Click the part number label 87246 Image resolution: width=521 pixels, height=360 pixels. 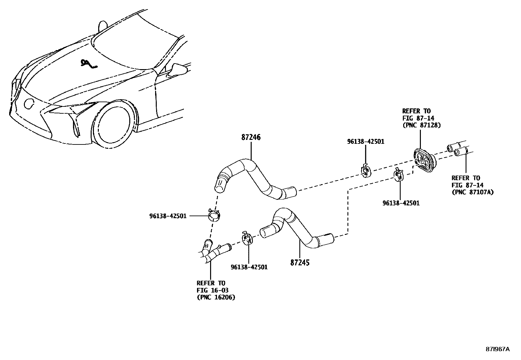click(251, 138)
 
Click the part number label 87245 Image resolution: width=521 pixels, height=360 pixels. click(300, 262)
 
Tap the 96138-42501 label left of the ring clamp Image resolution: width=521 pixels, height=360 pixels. click(168, 216)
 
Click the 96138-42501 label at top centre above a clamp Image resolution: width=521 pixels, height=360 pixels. click(366, 142)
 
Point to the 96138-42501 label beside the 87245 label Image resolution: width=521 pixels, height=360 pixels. click(249, 267)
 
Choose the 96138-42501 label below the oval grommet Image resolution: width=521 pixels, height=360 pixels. click(401, 203)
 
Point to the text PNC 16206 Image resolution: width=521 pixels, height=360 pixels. click(216, 297)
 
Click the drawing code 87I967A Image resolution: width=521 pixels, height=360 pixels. click(497, 349)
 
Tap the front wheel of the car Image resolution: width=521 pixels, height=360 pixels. click(115, 124)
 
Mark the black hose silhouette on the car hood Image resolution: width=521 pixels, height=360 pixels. click(87, 65)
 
